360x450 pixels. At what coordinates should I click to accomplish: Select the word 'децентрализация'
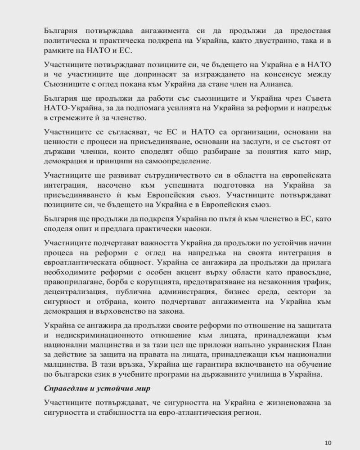point(73,292)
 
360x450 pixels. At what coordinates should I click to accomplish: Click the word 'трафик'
point(317,282)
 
